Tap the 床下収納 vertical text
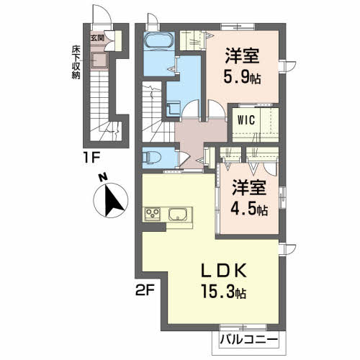click(x=75, y=64)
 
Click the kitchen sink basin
click(x=178, y=214)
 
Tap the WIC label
click(x=243, y=122)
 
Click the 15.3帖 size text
click(x=224, y=294)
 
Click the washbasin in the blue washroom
click(x=173, y=108)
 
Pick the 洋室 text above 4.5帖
click(x=248, y=188)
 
